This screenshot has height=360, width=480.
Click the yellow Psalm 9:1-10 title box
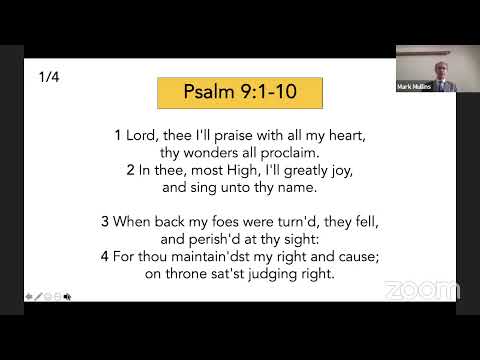click(240, 93)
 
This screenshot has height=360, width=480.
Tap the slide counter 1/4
click(49, 77)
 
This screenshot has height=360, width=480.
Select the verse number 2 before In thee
click(131, 170)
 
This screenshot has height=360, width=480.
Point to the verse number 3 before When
click(104, 221)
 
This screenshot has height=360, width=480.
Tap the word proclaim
click(288, 153)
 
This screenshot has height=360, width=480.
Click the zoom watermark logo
click(421, 290)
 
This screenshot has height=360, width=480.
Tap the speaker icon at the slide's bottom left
click(68, 296)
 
